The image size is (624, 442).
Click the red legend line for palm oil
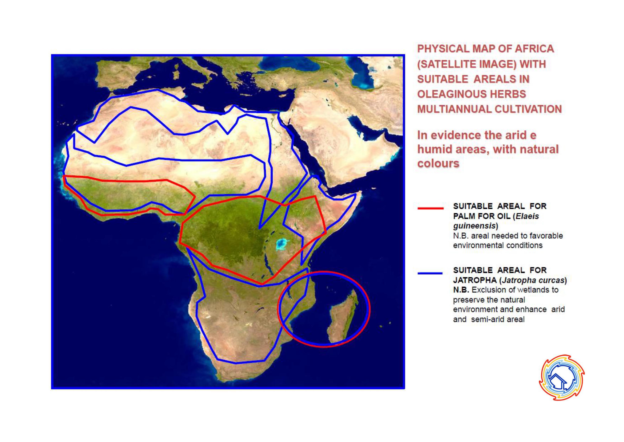430,208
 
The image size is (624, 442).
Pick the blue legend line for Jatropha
430,273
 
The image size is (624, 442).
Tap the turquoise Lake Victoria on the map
283,244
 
